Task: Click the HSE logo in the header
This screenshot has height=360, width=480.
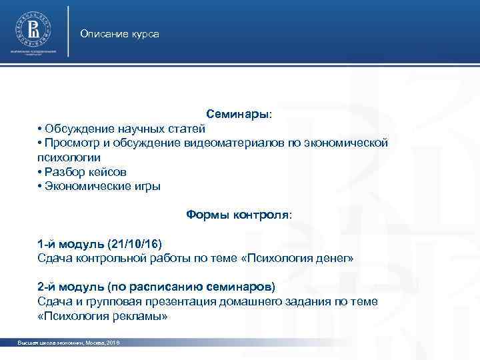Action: (x=33, y=29)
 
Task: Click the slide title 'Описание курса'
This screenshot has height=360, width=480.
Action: (x=119, y=33)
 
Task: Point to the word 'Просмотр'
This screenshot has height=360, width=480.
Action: (x=70, y=143)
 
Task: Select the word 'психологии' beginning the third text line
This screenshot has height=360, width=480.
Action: (x=69, y=158)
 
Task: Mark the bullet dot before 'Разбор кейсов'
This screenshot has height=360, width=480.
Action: (x=41, y=172)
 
